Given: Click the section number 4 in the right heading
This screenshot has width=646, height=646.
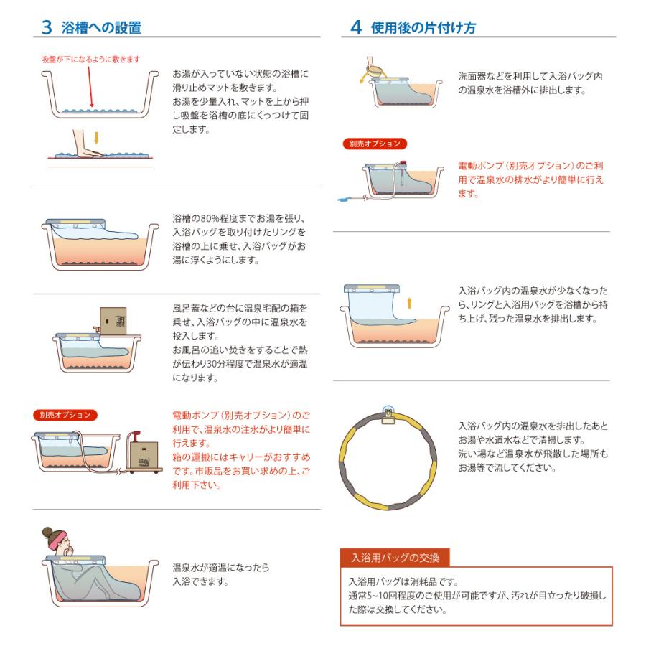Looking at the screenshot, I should click(x=355, y=27).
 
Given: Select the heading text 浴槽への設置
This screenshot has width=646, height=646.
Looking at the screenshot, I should click(x=102, y=27).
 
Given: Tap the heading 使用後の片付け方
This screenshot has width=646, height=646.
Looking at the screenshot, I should click(x=423, y=27).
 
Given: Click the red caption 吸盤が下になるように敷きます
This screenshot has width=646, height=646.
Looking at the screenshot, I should click(x=90, y=58).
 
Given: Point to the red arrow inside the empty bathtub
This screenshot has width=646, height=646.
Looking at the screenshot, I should click(x=91, y=86).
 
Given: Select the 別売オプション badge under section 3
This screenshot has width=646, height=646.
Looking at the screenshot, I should click(x=65, y=414).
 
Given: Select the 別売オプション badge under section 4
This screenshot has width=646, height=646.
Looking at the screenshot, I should click(x=374, y=144).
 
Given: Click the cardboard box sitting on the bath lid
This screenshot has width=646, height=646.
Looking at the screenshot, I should click(x=113, y=321).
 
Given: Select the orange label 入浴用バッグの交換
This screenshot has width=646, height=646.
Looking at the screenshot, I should click(x=395, y=557).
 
